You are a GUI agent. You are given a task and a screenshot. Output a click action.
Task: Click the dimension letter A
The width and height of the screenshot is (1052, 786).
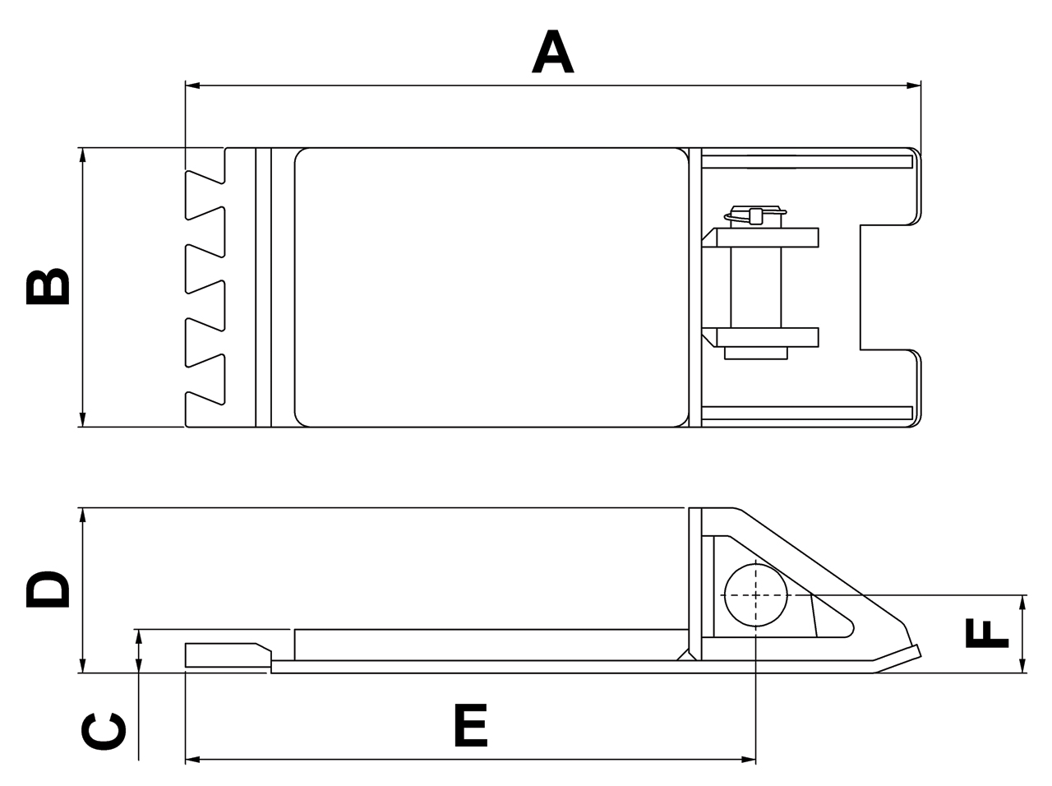[552, 51]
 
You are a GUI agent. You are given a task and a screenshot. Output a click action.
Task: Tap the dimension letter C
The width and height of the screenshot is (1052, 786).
[104, 732]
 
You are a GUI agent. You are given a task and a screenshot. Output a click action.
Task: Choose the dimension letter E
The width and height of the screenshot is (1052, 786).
[471, 725]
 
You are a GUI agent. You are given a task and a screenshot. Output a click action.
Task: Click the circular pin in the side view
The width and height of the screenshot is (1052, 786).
[755, 595]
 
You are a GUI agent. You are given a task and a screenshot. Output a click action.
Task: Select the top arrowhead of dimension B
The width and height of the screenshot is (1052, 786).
[81, 155]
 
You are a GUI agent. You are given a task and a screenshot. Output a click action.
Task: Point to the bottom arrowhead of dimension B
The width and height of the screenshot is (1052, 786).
[81, 420]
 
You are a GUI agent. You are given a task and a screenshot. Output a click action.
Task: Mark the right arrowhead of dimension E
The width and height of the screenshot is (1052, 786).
[749, 759]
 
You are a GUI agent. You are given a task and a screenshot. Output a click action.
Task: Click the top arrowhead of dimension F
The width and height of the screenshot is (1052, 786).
[1022, 602]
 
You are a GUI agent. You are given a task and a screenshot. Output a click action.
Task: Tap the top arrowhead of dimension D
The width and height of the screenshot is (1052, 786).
[81, 516]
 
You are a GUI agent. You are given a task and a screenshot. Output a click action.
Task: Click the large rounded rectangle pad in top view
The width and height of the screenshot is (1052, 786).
[491, 288]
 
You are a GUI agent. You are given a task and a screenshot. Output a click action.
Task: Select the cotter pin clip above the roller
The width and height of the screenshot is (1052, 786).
[754, 215]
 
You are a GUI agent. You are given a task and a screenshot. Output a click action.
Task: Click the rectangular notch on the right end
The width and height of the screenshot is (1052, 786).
[888, 287]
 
